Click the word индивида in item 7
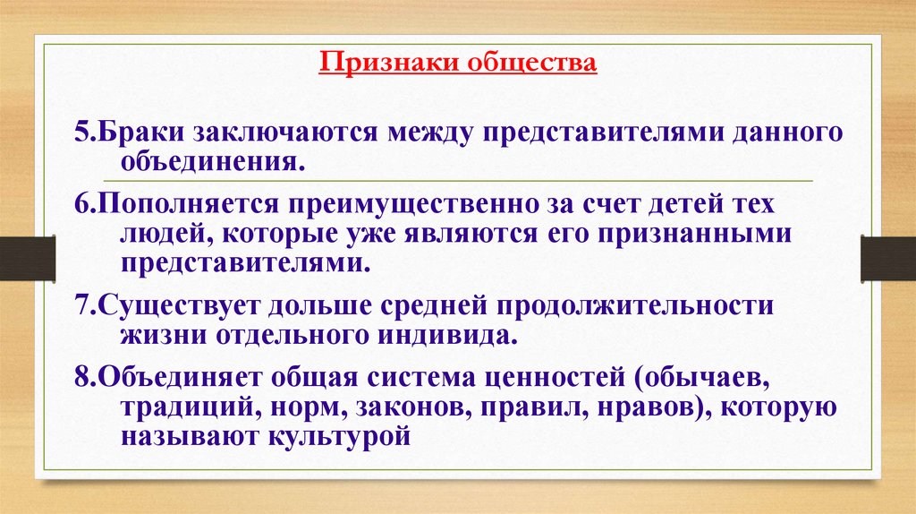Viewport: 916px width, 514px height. tap(449, 334)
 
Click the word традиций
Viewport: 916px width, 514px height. tap(178, 407)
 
